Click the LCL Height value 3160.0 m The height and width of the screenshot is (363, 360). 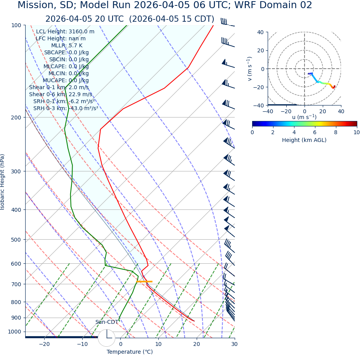pyautogui.click(x=81, y=32)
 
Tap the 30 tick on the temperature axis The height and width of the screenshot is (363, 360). pyautogui.click(x=234, y=344)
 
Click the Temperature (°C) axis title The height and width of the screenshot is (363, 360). pyautogui.click(x=130, y=352)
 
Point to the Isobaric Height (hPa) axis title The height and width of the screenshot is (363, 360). pyautogui.click(x=3, y=182)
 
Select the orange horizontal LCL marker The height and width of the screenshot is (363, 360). pyautogui.click(x=144, y=282)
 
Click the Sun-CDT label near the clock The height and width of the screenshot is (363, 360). pyautogui.click(x=107, y=322)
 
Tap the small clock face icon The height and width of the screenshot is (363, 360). pyautogui.click(x=107, y=338)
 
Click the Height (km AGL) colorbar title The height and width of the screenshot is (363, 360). pyautogui.click(x=304, y=140)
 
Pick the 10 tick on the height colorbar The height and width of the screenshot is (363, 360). pyautogui.click(x=356, y=132)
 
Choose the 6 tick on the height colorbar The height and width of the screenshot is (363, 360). pyautogui.click(x=315, y=132)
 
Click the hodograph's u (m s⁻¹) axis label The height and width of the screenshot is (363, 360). pyautogui.click(x=304, y=117)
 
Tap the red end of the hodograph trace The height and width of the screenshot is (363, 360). pyautogui.click(x=334, y=87)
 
